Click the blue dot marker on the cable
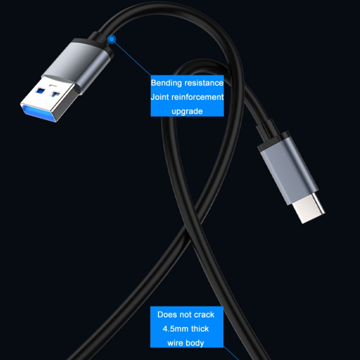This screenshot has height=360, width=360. (x=112, y=39)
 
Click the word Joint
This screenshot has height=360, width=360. (x=160, y=97)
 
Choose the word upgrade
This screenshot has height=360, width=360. (x=187, y=112)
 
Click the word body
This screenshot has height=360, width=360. (x=195, y=343)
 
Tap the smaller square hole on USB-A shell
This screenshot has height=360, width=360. (x=55, y=94)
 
